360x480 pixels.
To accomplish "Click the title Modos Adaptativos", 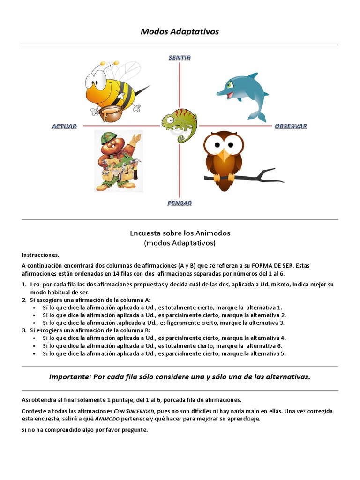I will [x=180, y=31].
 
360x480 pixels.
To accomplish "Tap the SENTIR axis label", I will [x=180, y=58].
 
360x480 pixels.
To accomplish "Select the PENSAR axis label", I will [x=180, y=203].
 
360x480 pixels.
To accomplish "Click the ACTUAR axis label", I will [x=64, y=126].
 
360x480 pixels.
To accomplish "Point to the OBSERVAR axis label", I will [x=291, y=126].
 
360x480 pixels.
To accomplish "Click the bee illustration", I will [x=112, y=89].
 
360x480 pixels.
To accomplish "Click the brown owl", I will [x=224, y=159].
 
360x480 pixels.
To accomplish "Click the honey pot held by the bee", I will [x=109, y=112].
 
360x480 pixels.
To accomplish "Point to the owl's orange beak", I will [x=224, y=151].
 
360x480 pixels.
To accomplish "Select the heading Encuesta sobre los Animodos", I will [x=180, y=233].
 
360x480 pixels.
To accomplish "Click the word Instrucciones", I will [x=41, y=255].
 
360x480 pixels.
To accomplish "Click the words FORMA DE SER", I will [x=268, y=265].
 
